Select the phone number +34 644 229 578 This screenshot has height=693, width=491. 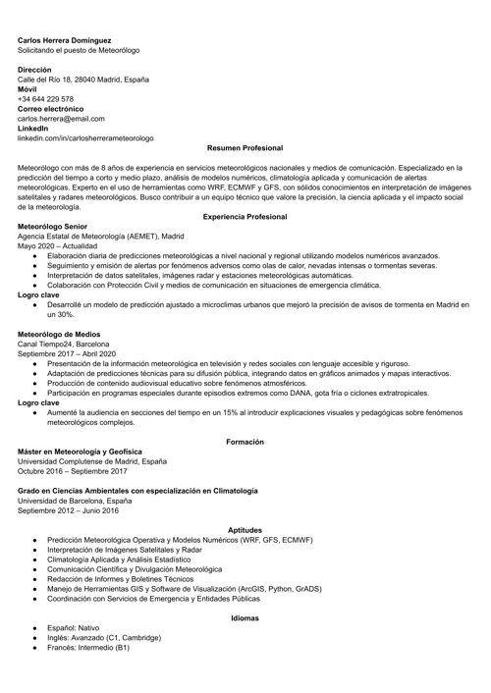[x=45, y=99]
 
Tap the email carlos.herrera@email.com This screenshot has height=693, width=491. [x=61, y=119]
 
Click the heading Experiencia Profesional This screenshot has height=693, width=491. [x=245, y=216]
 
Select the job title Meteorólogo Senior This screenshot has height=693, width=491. [x=57, y=227]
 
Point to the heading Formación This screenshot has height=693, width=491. [x=245, y=442]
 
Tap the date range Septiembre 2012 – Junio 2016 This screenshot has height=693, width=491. [x=68, y=509]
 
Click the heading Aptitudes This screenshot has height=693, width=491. [x=245, y=529]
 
